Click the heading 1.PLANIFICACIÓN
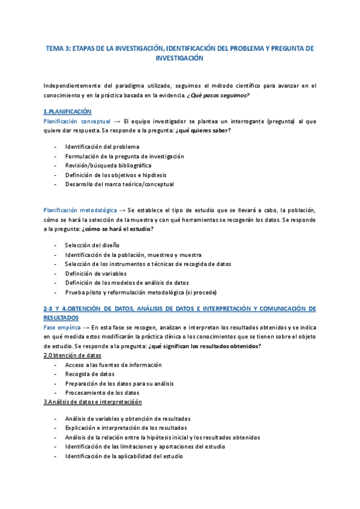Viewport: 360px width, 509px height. [x=67, y=112]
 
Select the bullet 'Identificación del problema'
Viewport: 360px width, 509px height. [x=102, y=146]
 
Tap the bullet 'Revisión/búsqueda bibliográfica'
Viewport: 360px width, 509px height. [x=108, y=165]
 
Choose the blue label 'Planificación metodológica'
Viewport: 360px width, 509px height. [x=80, y=210]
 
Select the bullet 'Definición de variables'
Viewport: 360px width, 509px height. [x=96, y=273]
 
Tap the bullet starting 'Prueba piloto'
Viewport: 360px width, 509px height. [x=141, y=292]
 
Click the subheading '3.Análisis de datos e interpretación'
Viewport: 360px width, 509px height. [x=92, y=402]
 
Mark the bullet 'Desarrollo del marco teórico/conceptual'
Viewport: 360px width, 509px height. [x=119, y=184]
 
